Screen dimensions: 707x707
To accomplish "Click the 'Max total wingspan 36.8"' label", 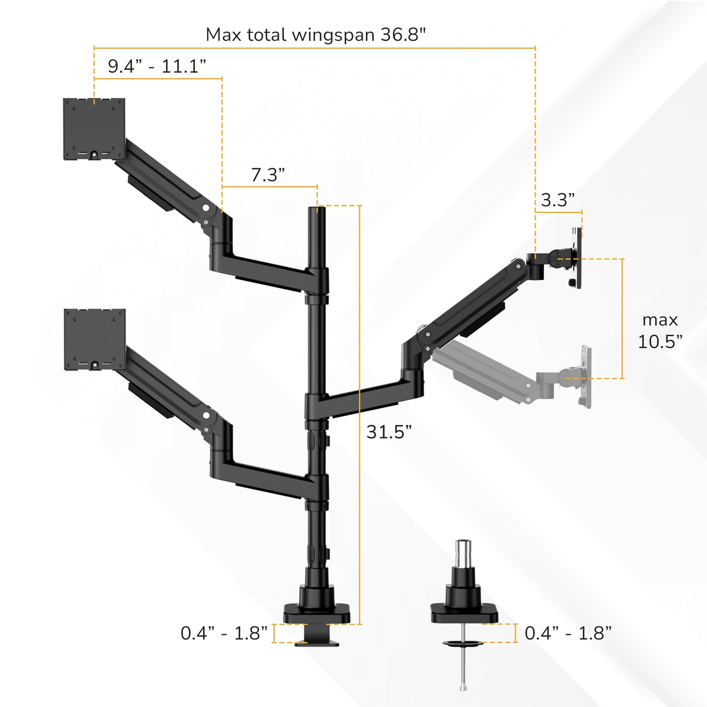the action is (x=316, y=35).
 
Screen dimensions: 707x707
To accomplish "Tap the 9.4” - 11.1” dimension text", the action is (x=157, y=66).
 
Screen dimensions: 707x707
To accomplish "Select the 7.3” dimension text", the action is (x=268, y=175).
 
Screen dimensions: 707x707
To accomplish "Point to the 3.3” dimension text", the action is (x=558, y=200).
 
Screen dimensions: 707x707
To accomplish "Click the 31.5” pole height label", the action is (x=389, y=432).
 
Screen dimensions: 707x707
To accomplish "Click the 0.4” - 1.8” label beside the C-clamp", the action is (x=224, y=633).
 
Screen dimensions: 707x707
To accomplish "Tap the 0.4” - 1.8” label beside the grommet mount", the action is (x=568, y=633).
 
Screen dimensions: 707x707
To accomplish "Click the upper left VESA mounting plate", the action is (x=94, y=129).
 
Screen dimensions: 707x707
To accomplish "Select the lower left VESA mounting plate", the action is (x=95, y=339).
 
